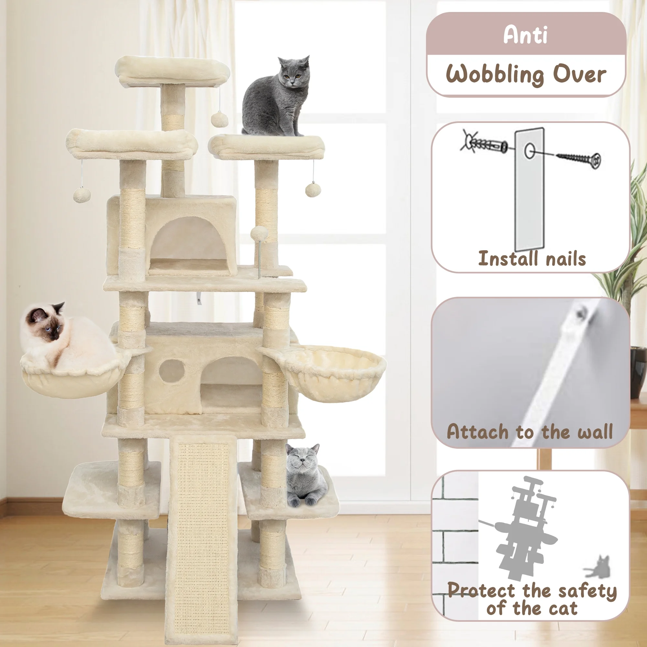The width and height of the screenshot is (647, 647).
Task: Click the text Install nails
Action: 532,259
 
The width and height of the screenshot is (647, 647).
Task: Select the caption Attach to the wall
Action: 530,432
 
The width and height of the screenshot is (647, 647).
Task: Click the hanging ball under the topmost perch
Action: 219,120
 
